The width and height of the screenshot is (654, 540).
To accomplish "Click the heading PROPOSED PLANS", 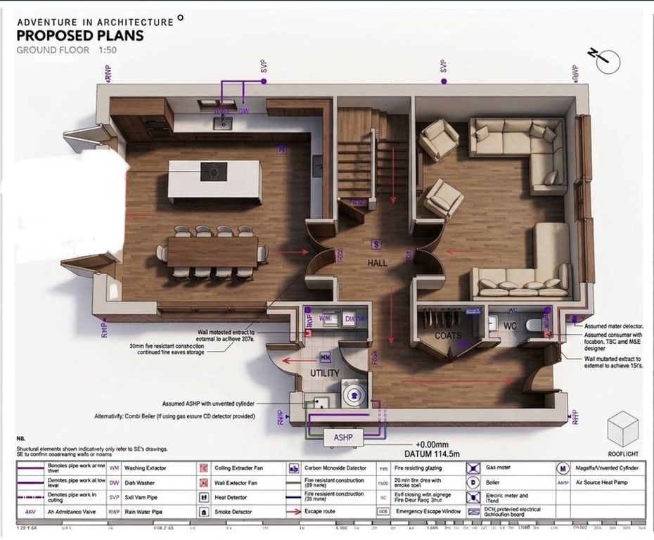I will tap(79, 36).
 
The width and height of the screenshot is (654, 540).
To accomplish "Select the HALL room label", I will tap(378, 262).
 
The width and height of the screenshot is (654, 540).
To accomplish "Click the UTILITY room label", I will tap(325, 373).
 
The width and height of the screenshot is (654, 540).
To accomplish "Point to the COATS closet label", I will tap(448, 335).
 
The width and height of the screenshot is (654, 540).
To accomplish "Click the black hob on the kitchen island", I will tap(210, 171).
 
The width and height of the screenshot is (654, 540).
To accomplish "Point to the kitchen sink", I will tap(224, 122).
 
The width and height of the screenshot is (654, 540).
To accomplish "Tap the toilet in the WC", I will tap(538, 326).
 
